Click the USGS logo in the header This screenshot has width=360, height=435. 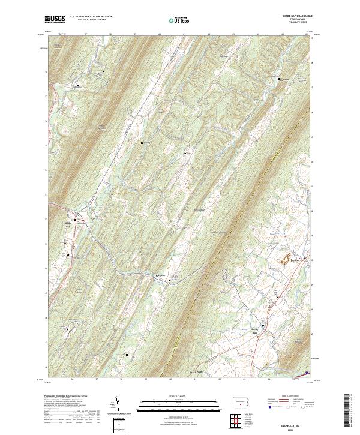(55, 19)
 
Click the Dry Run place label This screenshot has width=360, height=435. (295, 260)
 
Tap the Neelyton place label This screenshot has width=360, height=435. (160, 275)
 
